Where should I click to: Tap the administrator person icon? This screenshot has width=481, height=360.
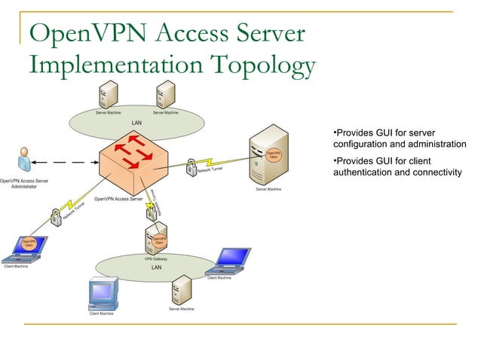(x=25, y=161)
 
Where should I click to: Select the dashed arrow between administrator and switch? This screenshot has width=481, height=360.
(x=69, y=161)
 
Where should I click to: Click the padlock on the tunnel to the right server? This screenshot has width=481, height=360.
(x=191, y=165)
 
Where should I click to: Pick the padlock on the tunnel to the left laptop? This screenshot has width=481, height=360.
(x=56, y=218)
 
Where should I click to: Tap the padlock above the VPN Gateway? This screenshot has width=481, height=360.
(x=153, y=212)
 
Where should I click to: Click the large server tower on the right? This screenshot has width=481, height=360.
(x=269, y=157)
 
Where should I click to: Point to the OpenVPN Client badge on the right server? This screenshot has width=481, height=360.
(x=273, y=154)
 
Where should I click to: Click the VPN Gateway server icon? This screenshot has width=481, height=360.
(x=155, y=240)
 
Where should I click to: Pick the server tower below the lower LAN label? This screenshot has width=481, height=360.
(x=181, y=290)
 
